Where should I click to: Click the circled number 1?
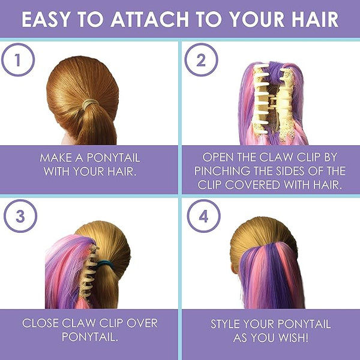(18, 59)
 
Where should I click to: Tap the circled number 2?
(201, 59)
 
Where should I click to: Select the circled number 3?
(20, 216)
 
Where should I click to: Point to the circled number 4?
(203, 216)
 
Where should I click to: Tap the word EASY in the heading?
(46, 19)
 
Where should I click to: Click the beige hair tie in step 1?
(90, 104)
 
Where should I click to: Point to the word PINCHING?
(222, 171)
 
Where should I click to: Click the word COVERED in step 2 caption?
(253, 185)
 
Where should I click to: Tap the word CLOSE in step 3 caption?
(40, 323)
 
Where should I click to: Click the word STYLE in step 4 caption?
(226, 324)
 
